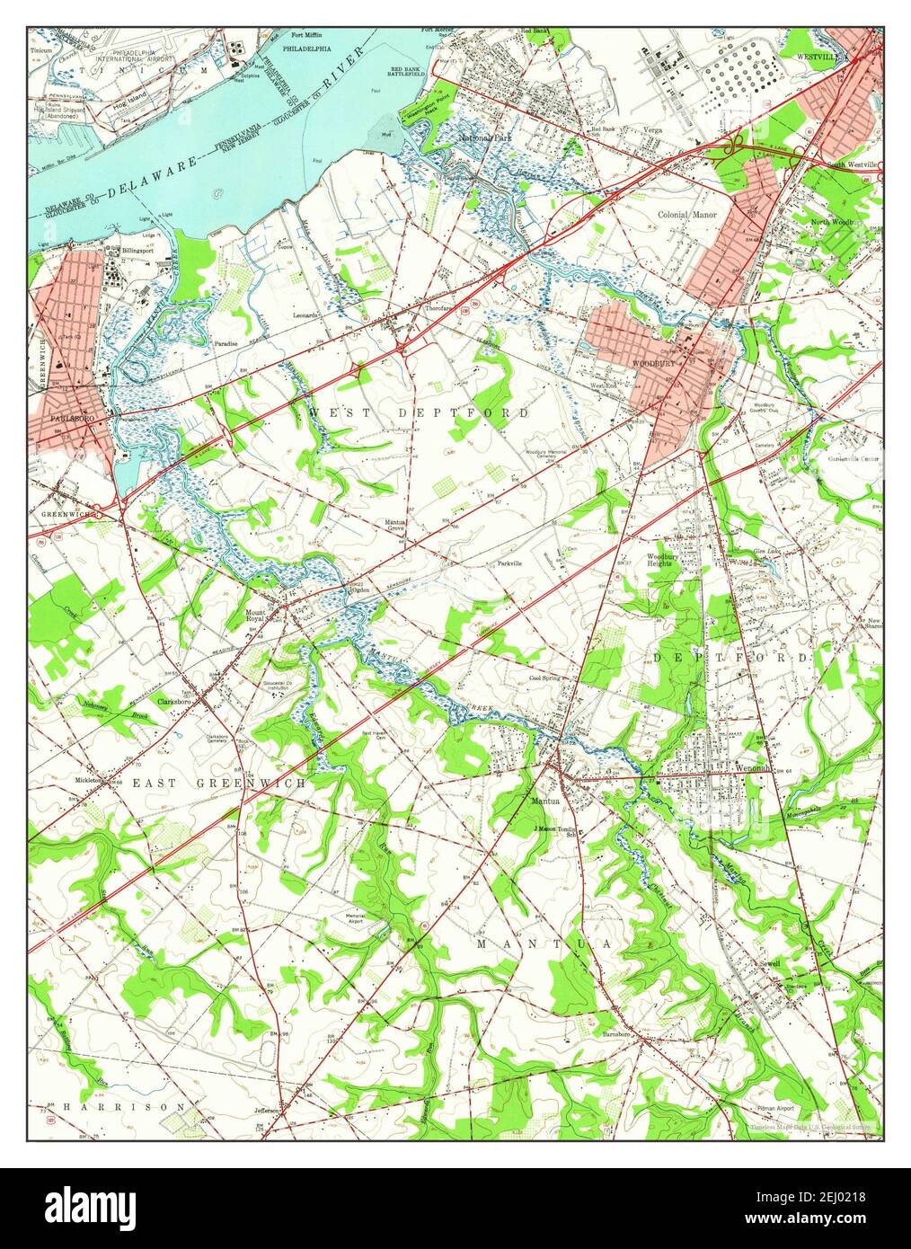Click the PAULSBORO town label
coord(61,418)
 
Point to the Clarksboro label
coord(176,701)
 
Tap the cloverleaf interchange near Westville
coord(737,141)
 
